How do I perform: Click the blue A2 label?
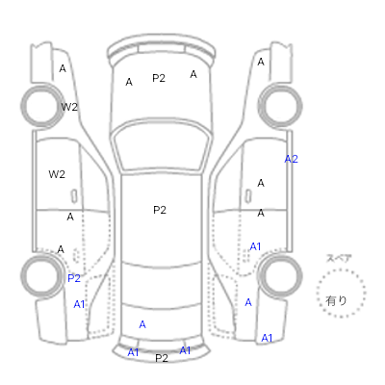pos(292,159)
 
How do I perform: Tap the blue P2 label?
pos(74,278)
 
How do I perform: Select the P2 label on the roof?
pos(160,210)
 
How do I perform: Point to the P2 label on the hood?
pos(159,78)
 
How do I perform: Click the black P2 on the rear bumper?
pos(162,358)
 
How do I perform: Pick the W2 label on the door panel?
pos(57,174)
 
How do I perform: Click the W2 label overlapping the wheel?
pos(69,107)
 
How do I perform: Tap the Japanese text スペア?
pos(339,258)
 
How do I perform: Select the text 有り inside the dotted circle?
pos(336,300)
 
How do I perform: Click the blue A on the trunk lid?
pos(142,324)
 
